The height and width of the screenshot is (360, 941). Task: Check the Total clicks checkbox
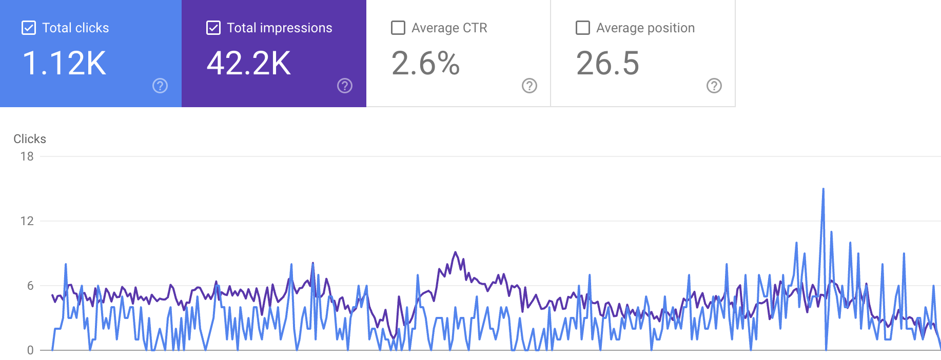coord(29,28)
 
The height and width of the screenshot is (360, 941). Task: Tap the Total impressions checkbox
coord(213,28)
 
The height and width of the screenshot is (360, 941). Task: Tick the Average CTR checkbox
coord(398,28)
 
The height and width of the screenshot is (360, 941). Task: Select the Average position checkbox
coord(583,28)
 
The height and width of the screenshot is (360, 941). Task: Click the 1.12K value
coord(64,64)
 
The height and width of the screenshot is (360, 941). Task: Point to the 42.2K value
coord(249,64)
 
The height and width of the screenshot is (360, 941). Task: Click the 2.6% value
coord(425,64)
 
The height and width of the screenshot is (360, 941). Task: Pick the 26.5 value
coord(608,64)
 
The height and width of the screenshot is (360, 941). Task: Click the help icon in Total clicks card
coord(160,86)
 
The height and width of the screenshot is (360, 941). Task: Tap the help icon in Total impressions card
coord(345,86)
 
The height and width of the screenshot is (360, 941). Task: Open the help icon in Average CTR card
coord(530,86)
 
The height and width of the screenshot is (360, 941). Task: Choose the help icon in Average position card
coord(714,86)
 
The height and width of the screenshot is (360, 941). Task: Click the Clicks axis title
coord(30,139)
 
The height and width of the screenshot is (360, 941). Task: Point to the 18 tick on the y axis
coord(27,156)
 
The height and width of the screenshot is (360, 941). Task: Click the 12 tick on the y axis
coord(27,221)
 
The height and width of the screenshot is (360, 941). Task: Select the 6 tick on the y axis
coord(30,286)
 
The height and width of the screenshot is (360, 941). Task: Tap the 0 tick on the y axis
coord(30,350)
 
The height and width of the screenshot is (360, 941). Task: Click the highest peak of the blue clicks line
coord(824,189)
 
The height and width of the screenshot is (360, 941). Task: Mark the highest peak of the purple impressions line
coord(455,252)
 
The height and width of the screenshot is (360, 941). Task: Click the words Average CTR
coord(449,28)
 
